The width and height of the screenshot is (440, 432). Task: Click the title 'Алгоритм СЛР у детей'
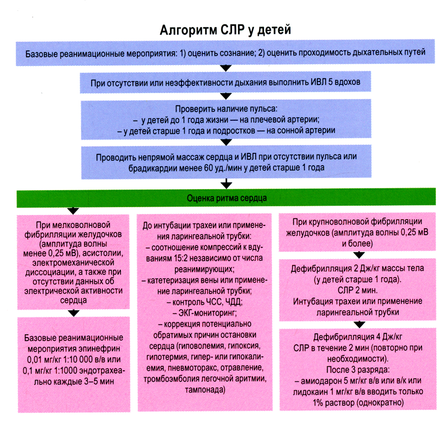coord(224,30)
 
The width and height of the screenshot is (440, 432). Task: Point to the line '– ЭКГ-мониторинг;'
coord(205,313)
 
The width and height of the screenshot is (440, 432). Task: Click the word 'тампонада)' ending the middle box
coord(205,390)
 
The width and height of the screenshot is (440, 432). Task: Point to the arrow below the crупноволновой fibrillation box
coord(360,254)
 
